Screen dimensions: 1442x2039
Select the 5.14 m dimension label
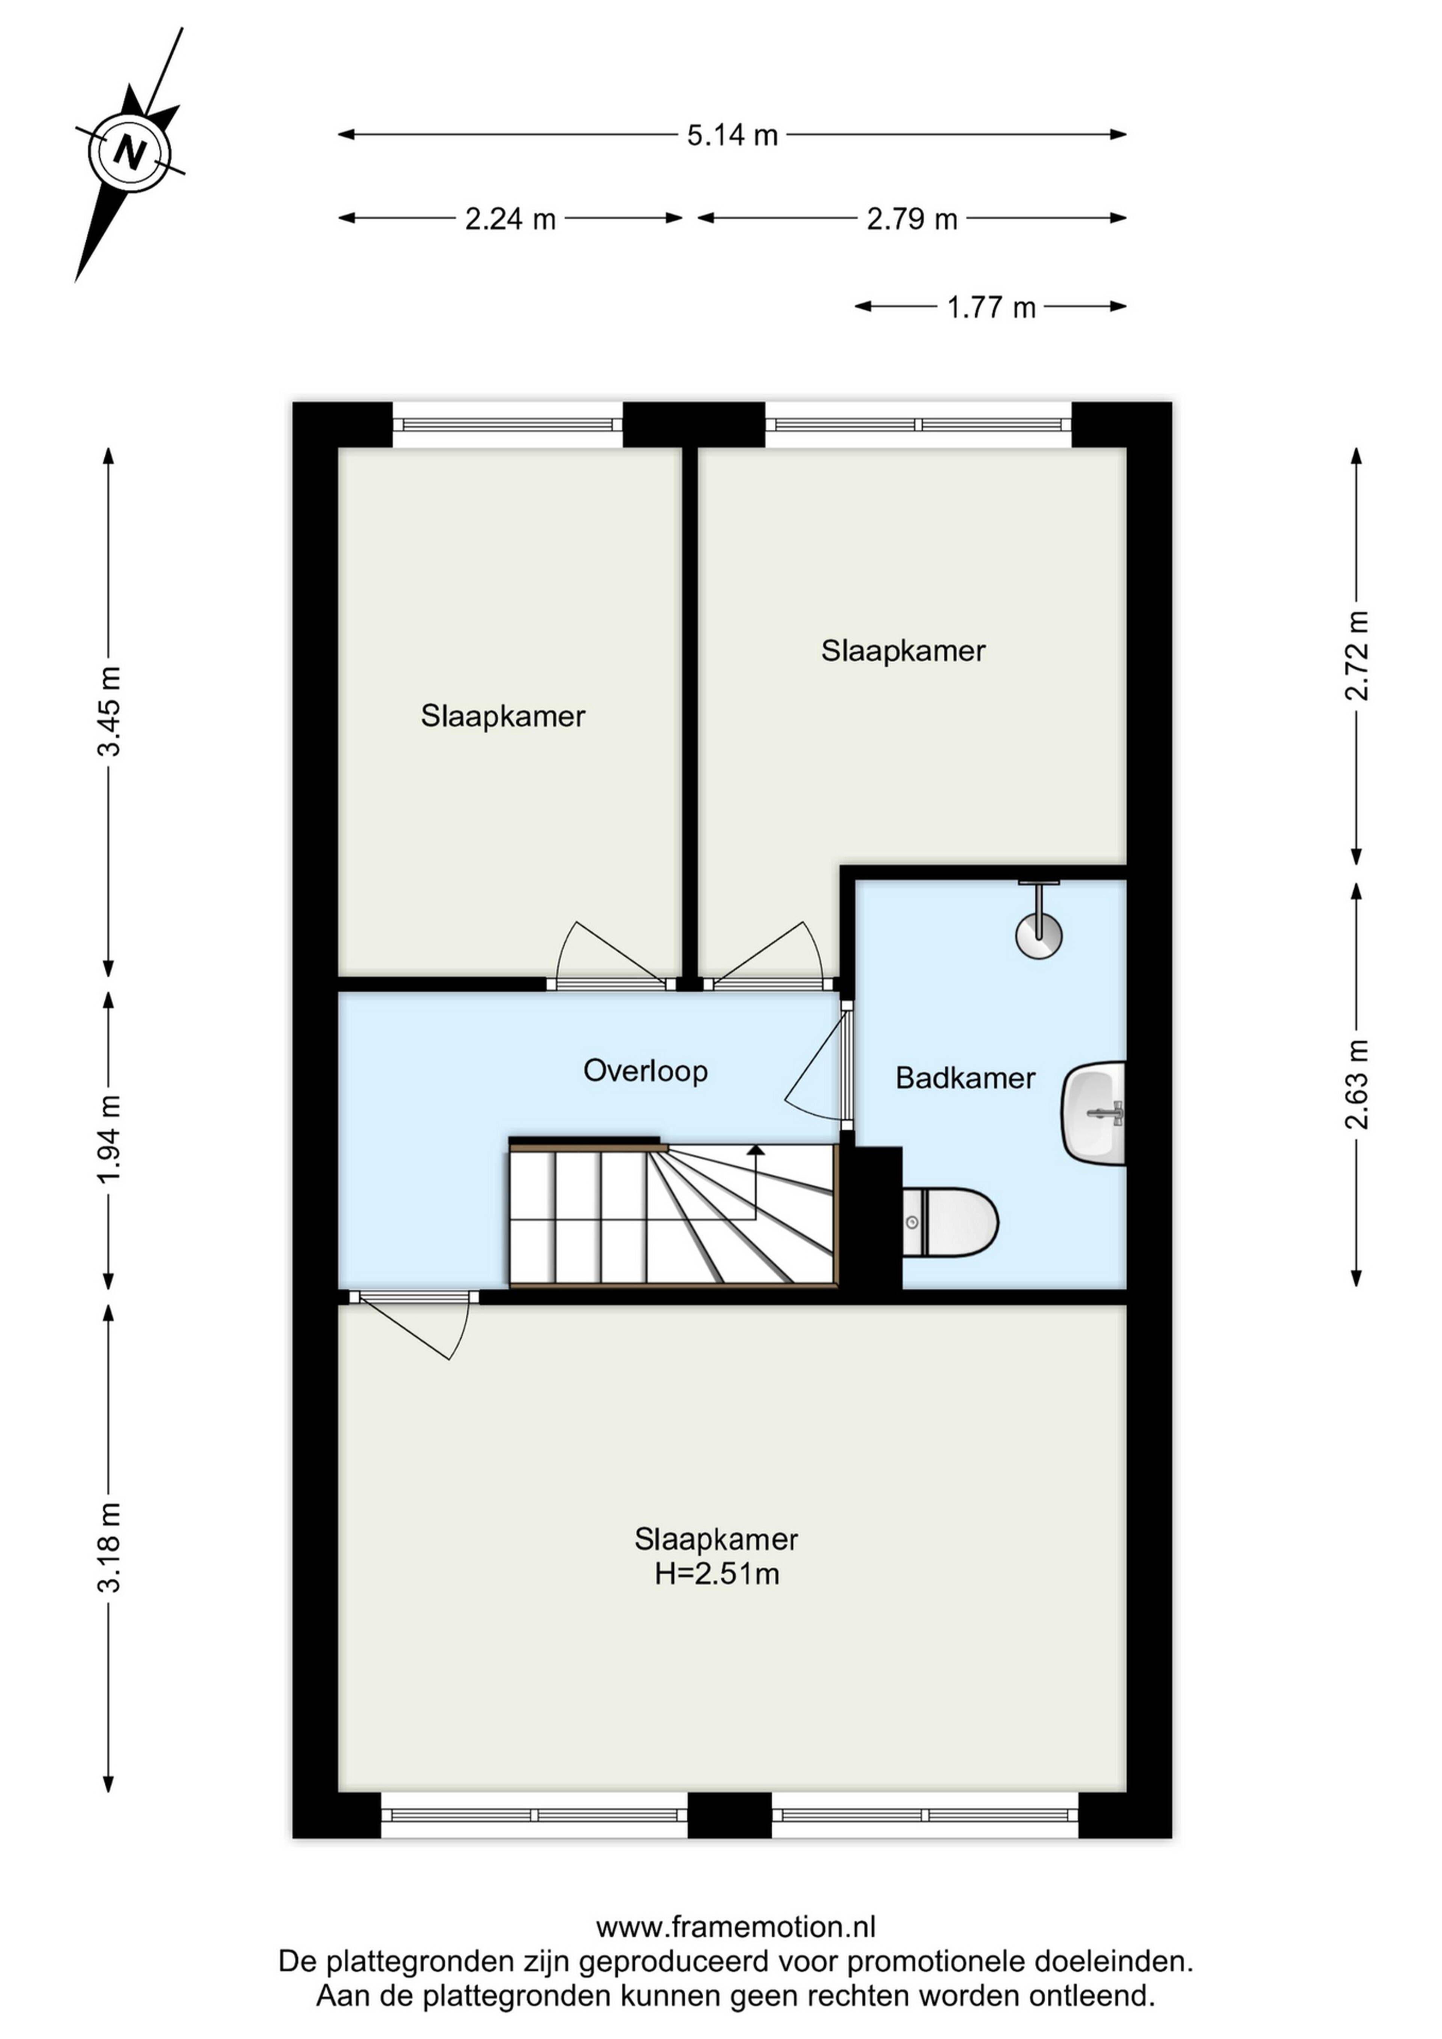coord(733,135)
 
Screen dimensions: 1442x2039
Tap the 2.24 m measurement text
coord(511,219)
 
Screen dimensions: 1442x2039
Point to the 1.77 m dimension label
coord(991,307)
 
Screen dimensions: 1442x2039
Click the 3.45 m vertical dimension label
coord(109,711)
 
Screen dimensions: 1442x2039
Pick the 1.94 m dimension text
coord(109,1139)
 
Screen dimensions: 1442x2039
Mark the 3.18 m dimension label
coord(109,1547)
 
